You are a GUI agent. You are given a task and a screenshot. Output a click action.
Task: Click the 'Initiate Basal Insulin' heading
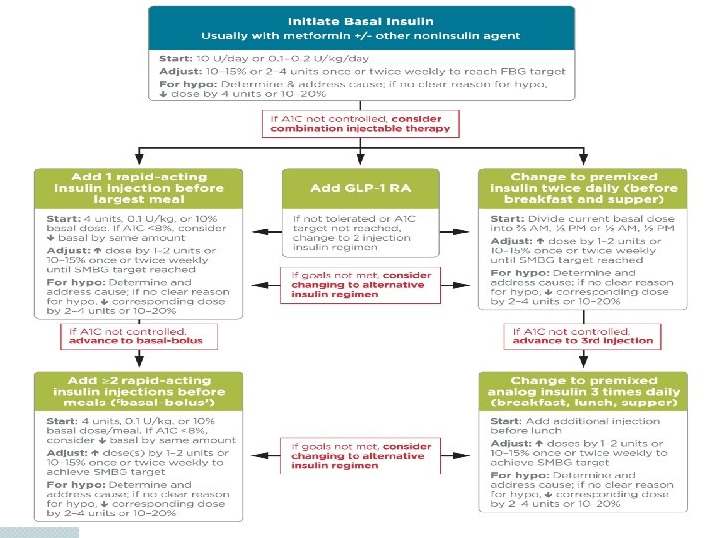point(360,21)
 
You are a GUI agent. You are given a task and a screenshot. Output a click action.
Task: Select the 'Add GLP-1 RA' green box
point(359,187)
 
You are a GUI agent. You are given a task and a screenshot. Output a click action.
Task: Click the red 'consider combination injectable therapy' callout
point(359,123)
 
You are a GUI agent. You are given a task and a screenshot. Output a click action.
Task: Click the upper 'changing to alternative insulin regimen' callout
point(358,285)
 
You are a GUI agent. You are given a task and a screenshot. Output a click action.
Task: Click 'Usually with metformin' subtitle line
point(360,36)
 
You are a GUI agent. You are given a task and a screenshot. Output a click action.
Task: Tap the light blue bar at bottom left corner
point(40,531)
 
